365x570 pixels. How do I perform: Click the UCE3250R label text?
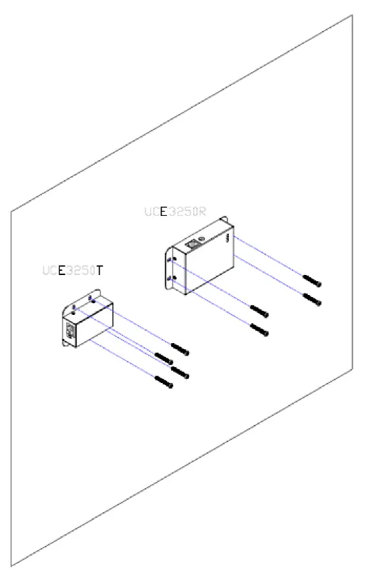(x=175, y=212)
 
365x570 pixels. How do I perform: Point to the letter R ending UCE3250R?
(x=201, y=212)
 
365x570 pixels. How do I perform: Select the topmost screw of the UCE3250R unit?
(x=313, y=280)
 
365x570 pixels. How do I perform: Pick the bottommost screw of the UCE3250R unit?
(x=259, y=330)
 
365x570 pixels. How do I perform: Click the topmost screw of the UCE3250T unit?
(x=180, y=349)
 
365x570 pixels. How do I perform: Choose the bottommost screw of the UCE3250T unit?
(x=164, y=383)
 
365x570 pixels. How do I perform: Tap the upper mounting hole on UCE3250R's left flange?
(x=172, y=259)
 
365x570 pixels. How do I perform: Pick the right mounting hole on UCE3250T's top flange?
(x=91, y=298)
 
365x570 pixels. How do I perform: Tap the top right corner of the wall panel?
(x=353, y=14)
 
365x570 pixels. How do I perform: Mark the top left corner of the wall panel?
(x=11, y=210)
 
